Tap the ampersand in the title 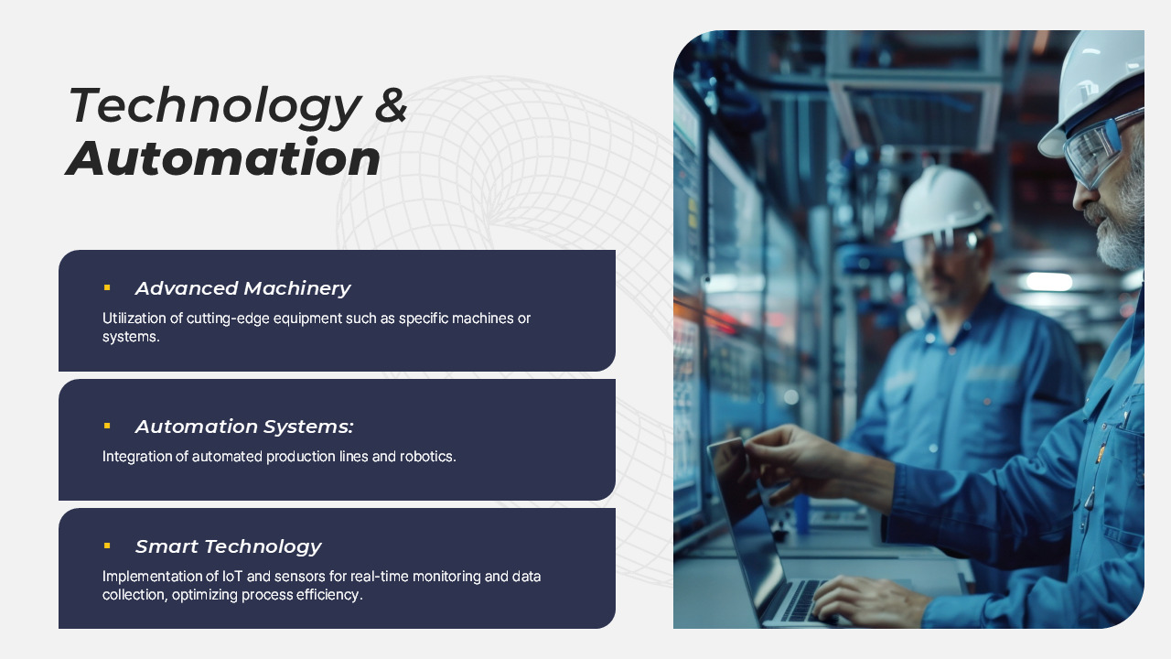point(392,104)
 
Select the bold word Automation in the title point(224,158)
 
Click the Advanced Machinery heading point(242,288)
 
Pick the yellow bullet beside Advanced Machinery point(107,287)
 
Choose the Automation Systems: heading point(244,427)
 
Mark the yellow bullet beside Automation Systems point(107,426)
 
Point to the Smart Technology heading point(228,546)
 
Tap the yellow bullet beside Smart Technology point(107,546)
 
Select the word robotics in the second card point(427,456)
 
